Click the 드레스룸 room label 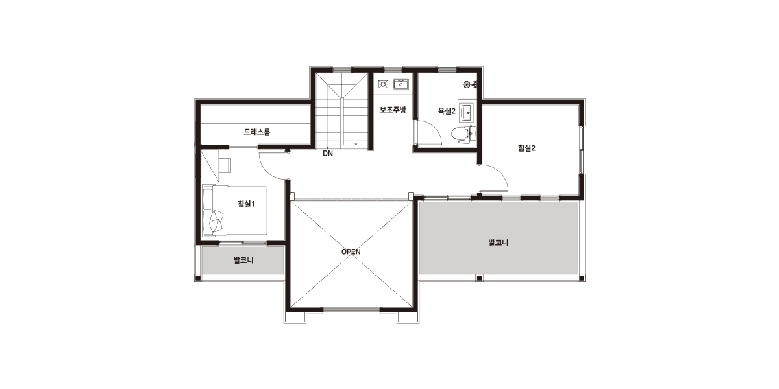coord(256,132)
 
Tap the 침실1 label coord(246,204)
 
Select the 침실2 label coord(526,148)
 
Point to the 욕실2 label coord(447,111)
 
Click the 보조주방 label coord(393,110)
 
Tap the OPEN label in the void coord(351,252)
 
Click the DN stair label coord(328,153)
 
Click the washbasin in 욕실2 coord(467,113)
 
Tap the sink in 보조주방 coord(401,84)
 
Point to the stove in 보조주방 coord(383,84)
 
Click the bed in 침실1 coord(235,211)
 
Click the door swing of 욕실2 coord(434,128)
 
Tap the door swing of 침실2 coord(500,173)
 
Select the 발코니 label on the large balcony coord(499,242)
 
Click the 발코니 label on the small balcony coord(243,260)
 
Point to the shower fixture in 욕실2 coord(470,84)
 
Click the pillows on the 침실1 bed coord(216,220)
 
